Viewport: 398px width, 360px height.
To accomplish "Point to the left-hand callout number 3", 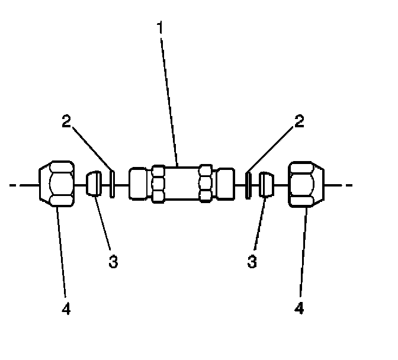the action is (x=113, y=262).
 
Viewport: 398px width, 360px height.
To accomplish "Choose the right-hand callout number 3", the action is (x=252, y=262).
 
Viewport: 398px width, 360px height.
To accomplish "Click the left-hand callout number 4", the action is (x=66, y=309).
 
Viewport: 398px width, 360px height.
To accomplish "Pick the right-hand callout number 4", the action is (x=300, y=309).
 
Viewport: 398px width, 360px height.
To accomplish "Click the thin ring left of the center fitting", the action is (x=112, y=184).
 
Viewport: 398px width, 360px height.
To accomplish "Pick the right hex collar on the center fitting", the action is (x=205, y=184).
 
